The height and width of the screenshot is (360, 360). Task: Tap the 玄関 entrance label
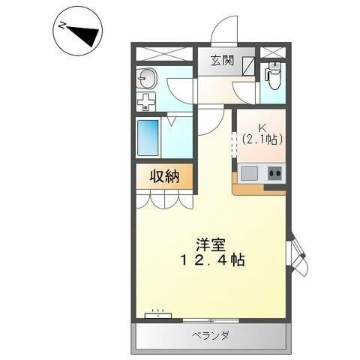point(221,61)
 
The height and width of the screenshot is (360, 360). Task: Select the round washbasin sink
point(146,79)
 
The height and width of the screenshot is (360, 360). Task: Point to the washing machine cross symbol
point(146,102)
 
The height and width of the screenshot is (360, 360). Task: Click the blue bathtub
point(149,138)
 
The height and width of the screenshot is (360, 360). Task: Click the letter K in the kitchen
point(261,127)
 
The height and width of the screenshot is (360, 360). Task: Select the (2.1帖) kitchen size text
point(261,139)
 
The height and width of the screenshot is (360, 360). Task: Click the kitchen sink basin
point(249,173)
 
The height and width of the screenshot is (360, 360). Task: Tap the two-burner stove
point(273,173)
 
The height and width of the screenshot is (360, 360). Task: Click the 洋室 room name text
point(211,245)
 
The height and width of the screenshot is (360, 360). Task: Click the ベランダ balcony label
point(209,335)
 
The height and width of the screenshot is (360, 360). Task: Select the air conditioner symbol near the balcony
point(157,315)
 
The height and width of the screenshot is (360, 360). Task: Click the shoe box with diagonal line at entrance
point(248,64)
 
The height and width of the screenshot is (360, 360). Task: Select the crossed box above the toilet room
point(273,52)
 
